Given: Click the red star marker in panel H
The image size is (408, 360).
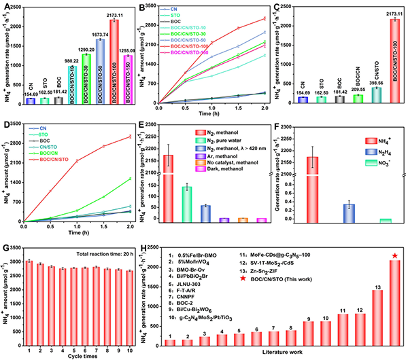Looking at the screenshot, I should [394, 256].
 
